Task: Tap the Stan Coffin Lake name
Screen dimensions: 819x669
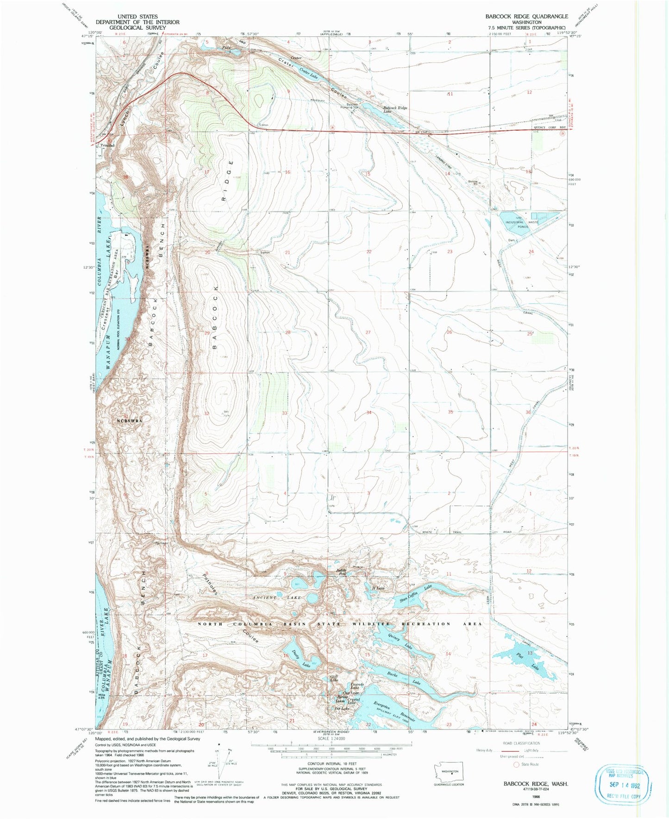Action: click(415, 594)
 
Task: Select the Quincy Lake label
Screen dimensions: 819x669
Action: click(400, 641)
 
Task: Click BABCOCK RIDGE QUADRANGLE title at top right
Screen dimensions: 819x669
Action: click(526, 16)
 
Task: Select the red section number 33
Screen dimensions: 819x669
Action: click(285, 413)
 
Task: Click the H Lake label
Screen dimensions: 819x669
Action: click(379, 588)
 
